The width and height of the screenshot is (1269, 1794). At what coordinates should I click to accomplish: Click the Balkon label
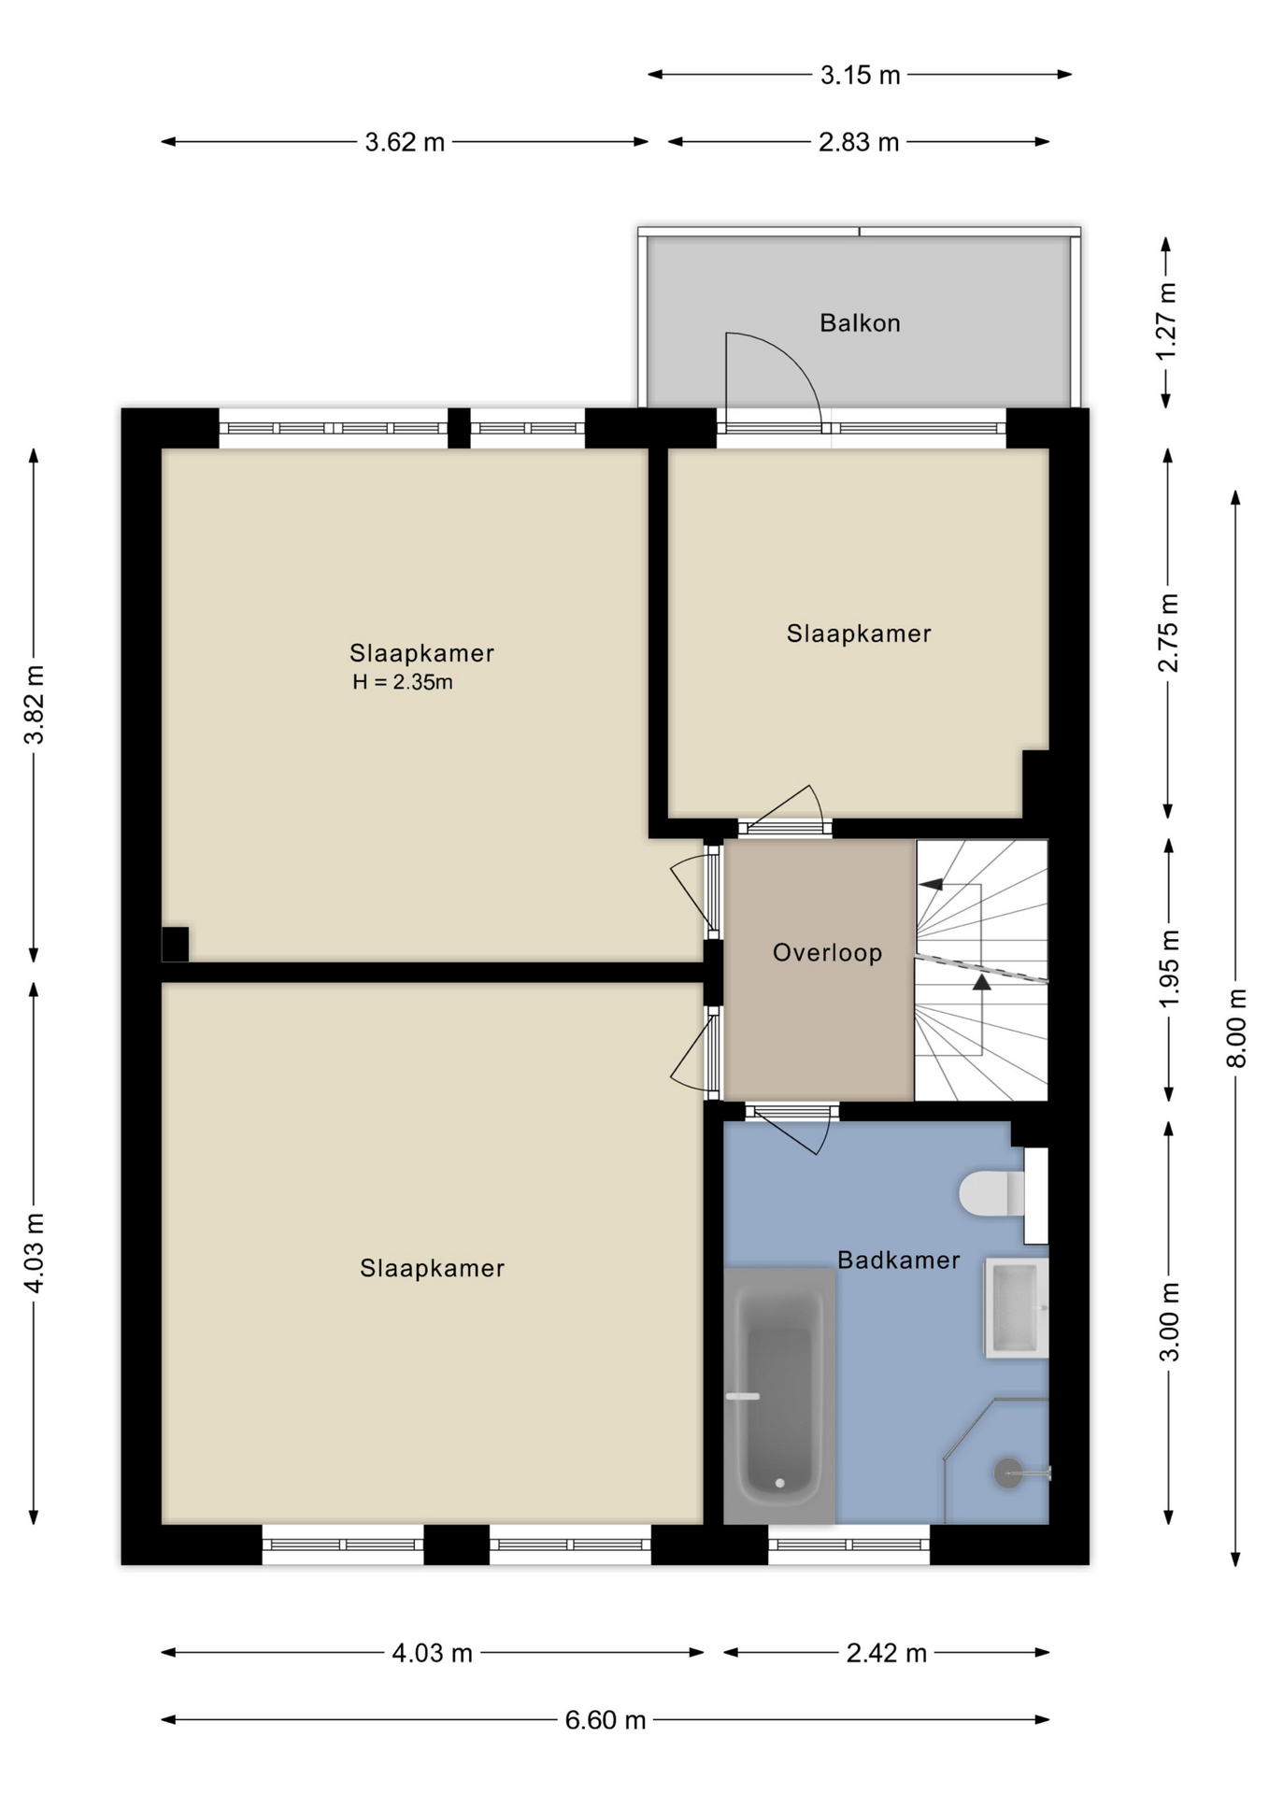click(x=860, y=323)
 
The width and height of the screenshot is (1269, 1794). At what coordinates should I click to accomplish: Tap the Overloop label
click(x=827, y=953)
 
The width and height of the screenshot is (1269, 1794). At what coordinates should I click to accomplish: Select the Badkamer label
click(x=898, y=1260)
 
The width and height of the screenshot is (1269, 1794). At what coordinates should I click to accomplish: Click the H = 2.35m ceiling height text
click(x=403, y=682)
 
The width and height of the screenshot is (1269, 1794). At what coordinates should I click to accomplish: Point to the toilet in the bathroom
click(x=991, y=1193)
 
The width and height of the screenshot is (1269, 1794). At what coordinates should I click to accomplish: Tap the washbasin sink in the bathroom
click(x=1016, y=1308)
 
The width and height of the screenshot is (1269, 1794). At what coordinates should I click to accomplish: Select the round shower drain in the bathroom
click(x=1008, y=1474)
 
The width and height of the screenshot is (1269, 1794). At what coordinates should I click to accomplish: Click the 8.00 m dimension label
click(x=1235, y=1027)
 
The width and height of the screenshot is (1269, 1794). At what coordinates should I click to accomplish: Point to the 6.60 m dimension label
click(x=606, y=1719)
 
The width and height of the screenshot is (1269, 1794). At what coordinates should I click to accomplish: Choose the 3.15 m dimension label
click(x=860, y=75)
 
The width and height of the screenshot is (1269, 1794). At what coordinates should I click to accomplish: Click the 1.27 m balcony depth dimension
click(x=1166, y=321)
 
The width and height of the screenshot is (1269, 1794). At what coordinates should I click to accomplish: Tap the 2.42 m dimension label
click(x=886, y=1653)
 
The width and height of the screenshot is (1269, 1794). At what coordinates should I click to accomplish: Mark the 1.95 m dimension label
click(x=1168, y=969)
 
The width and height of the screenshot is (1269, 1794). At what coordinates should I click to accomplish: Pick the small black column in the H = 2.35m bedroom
click(x=175, y=944)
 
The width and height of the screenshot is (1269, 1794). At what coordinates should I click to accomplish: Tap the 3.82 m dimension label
click(x=34, y=705)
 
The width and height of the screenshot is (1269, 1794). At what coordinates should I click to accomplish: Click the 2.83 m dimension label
click(x=859, y=142)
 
